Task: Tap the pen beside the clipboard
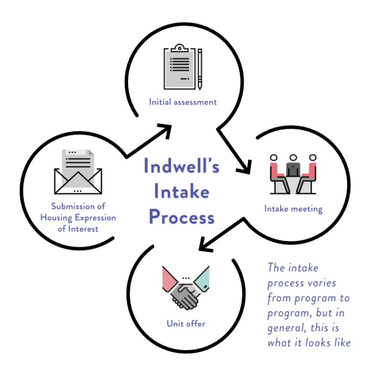[200, 69]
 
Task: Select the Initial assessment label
[183, 103]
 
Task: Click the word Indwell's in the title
[181, 166]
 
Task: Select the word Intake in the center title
[181, 191]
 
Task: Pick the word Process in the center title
[181, 216]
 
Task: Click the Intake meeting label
[293, 209]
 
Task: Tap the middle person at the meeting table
[294, 166]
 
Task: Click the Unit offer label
[186, 324]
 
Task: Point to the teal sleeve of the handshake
[202, 279]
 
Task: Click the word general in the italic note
[285, 328]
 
